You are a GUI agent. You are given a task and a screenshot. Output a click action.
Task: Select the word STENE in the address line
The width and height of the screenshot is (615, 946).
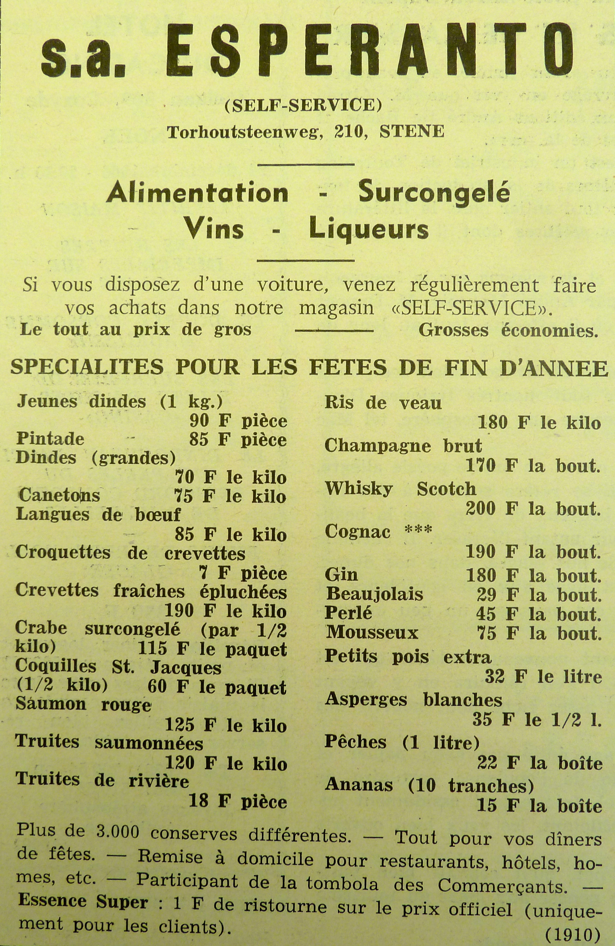coord(412,132)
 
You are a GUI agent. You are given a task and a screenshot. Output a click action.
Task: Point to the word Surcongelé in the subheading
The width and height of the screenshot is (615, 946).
coord(434,194)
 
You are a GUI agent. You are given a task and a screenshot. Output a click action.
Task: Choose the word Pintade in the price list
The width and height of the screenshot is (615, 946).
coord(50,439)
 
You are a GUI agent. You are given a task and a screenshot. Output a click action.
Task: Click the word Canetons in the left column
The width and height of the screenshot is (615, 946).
coord(59,496)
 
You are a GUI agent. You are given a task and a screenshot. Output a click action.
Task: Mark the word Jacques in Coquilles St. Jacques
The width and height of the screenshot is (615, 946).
coord(185,668)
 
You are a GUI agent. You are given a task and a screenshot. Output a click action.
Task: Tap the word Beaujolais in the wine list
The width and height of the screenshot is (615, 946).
coord(375,594)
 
